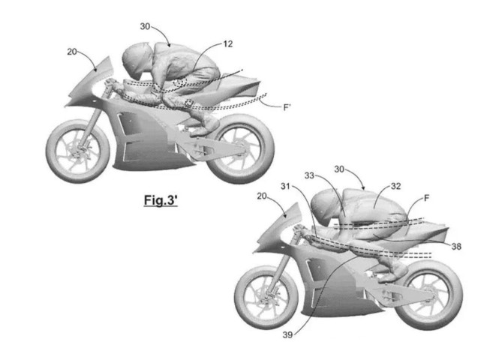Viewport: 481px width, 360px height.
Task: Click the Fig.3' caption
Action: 161,200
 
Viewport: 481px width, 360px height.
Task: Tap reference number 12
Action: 227,43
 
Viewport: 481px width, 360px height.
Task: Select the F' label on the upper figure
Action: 287,107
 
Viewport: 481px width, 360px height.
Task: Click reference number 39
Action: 287,334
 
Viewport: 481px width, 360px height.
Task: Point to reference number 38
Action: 456,246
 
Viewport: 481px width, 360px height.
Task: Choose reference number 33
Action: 309,175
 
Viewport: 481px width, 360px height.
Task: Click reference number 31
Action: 285,186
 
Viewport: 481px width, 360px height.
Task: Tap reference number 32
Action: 395,186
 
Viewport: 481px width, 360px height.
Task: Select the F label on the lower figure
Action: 426,199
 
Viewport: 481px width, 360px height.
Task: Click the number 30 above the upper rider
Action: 145,27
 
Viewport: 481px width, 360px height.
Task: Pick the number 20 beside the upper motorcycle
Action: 72,52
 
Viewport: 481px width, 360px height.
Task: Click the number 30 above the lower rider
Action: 339,169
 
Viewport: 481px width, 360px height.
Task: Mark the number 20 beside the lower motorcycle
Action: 262,196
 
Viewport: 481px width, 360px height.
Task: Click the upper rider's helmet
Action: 137,60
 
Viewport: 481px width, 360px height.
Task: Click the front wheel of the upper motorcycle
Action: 77,151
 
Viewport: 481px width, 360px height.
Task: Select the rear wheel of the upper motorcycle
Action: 240,148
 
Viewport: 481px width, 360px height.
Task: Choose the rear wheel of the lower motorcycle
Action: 428,295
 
